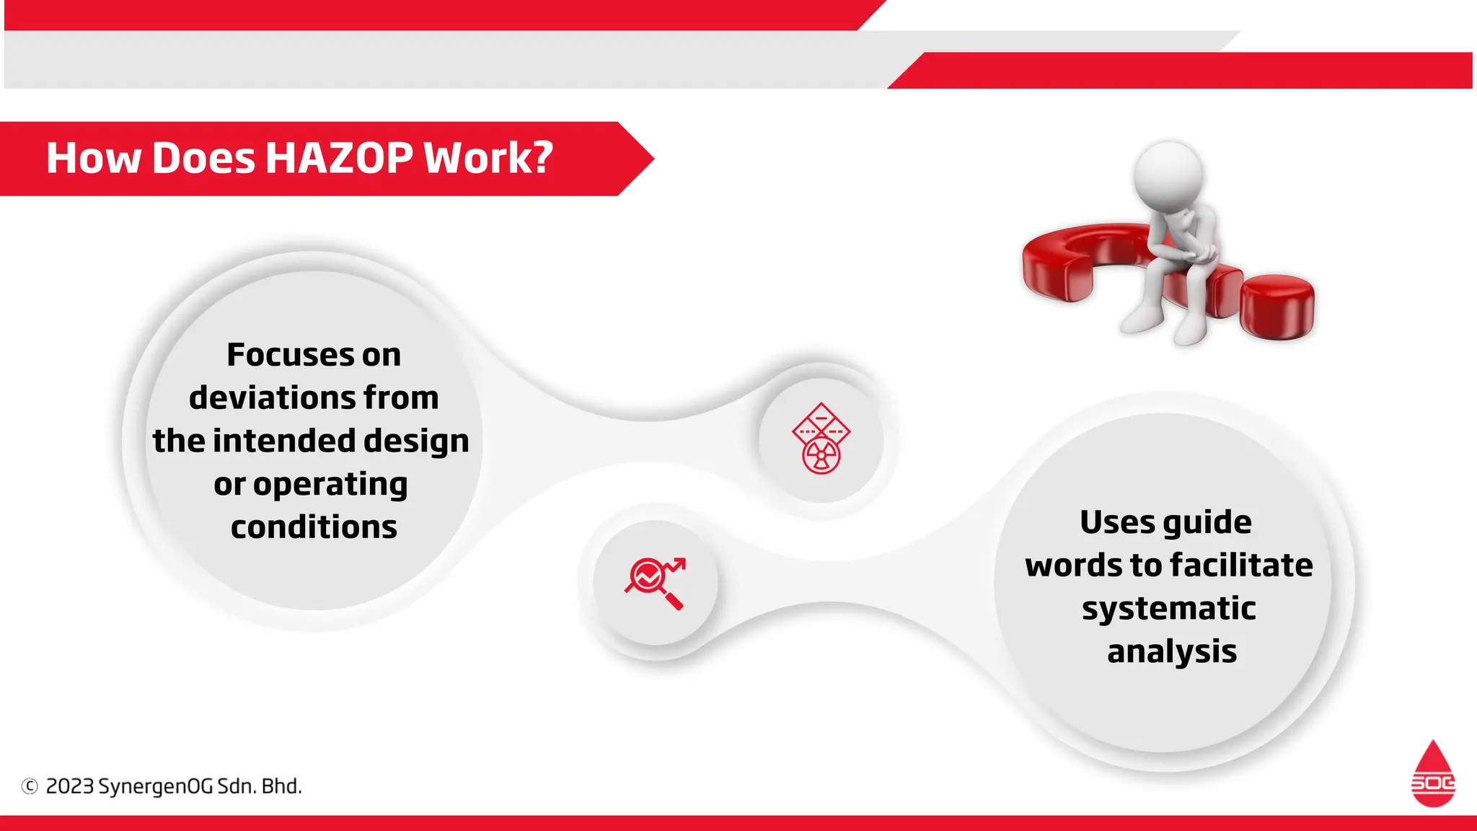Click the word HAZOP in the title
339,158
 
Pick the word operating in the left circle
330,485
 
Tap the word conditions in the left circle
314,527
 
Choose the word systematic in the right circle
1169,608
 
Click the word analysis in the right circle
1172,651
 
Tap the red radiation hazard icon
821,439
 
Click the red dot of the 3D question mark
1277,306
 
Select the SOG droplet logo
1433,774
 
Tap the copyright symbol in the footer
30,786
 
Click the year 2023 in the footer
70,786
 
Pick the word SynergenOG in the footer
155,786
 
